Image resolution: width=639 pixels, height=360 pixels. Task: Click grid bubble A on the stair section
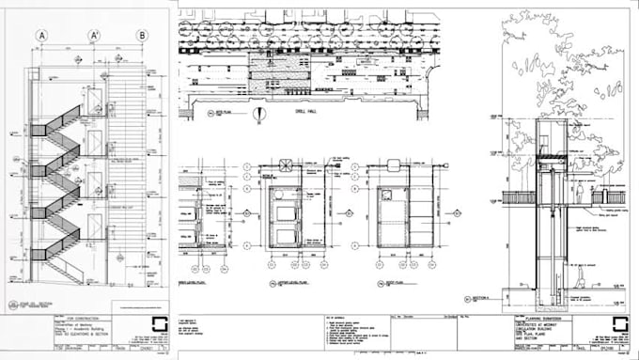coord(41,36)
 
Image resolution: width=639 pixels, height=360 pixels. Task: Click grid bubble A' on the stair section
coord(94,36)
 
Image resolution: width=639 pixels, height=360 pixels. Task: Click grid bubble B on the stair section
coord(142,36)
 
